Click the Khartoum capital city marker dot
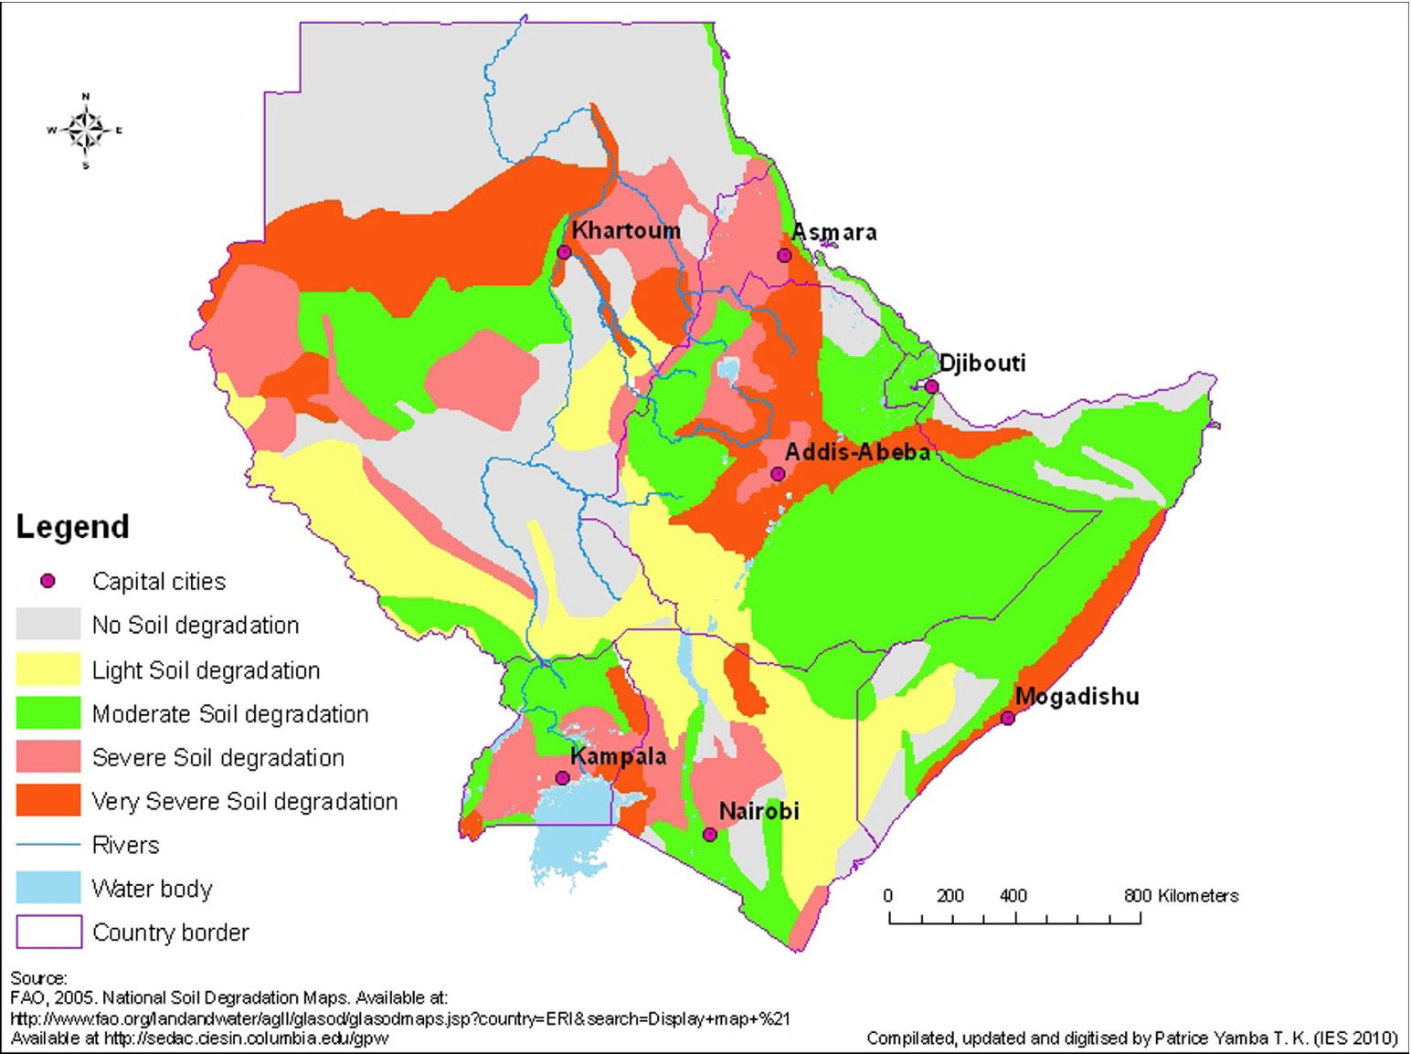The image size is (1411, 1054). (x=564, y=252)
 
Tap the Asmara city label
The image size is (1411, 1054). (x=834, y=232)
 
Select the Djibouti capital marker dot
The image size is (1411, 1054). (x=931, y=386)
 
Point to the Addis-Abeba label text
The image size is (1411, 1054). (x=857, y=451)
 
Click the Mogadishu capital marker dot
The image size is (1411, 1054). (x=1007, y=718)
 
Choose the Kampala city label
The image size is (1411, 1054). (x=618, y=756)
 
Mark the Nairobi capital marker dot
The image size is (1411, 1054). (x=710, y=834)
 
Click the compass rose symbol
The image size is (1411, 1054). (x=86, y=132)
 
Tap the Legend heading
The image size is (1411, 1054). (x=73, y=527)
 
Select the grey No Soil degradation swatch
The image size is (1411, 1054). (x=48, y=625)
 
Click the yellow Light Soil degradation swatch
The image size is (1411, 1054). (x=48, y=669)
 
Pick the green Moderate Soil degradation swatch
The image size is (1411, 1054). (x=48, y=713)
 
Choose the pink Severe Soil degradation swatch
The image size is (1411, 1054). (x=48, y=757)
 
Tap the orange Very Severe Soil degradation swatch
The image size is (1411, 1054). (x=48, y=801)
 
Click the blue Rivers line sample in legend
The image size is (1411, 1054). (x=48, y=845)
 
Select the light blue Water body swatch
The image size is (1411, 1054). (x=48, y=888)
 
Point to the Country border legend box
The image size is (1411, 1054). (x=48, y=932)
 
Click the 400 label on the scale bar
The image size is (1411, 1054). (x=1013, y=896)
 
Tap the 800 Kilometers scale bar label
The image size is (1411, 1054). (x=1181, y=896)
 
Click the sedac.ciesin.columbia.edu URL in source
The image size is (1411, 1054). (x=246, y=1038)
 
